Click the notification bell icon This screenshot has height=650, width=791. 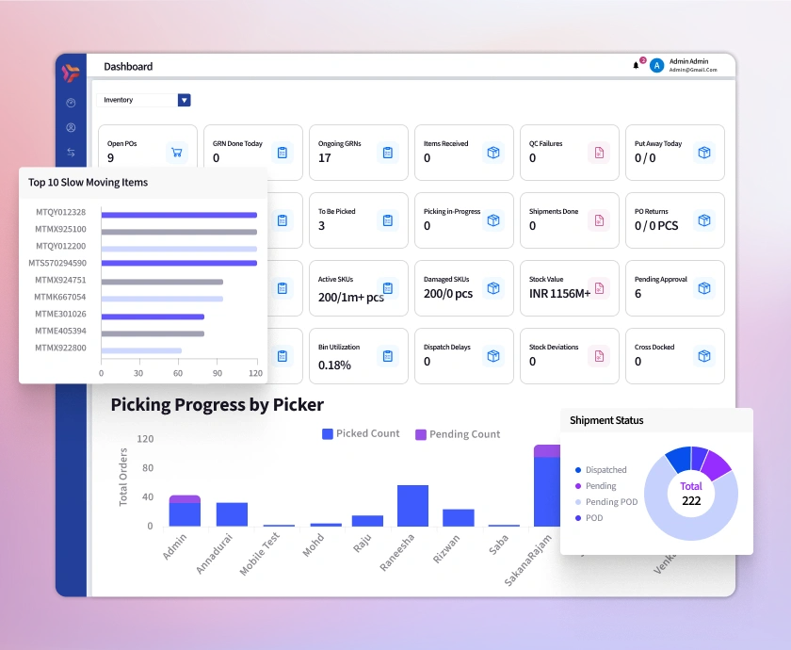(x=636, y=65)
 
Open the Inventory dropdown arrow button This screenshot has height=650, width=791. (x=184, y=100)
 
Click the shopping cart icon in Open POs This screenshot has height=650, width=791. (x=176, y=152)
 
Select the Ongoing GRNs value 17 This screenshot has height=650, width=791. (x=325, y=158)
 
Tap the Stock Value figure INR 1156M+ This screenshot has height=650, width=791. (x=560, y=294)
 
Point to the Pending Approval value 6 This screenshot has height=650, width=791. (x=638, y=294)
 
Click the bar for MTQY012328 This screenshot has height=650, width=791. (x=179, y=215)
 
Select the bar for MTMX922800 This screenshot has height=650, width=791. (x=141, y=350)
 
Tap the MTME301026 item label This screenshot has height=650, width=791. (x=60, y=314)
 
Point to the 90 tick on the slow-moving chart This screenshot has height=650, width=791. (x=218, y=373)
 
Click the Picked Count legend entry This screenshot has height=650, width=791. (x=361, y=433)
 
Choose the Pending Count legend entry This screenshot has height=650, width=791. (x=458, y=434)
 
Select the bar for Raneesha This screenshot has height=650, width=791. (x=412, y=506)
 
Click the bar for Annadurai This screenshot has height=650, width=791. (x=232, y=514)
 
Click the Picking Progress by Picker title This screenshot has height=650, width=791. (x=217, y=405)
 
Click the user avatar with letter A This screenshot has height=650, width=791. (x=657, y=66)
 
